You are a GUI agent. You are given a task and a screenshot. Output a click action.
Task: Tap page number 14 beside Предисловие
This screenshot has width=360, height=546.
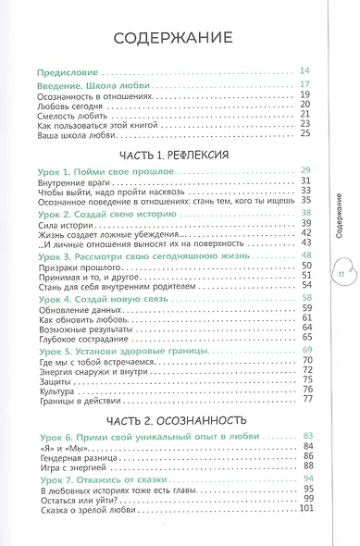coord(307,71)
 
